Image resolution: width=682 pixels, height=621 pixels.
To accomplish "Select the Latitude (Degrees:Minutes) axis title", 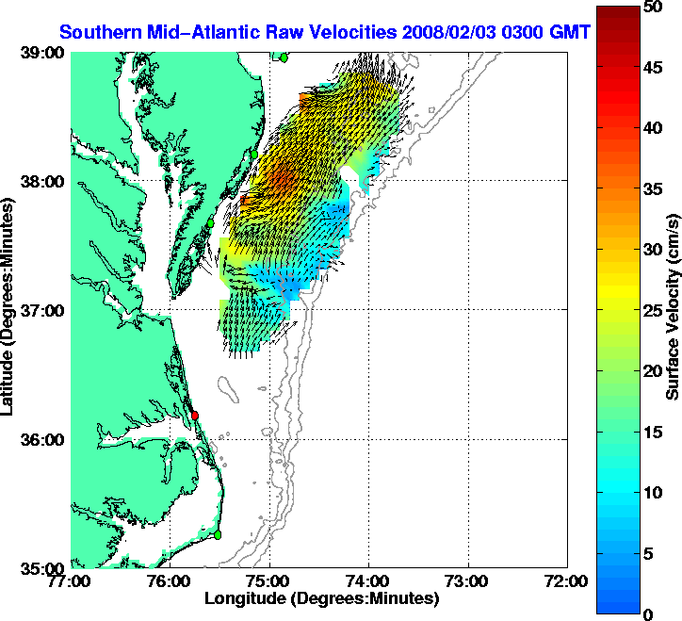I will [10, 310].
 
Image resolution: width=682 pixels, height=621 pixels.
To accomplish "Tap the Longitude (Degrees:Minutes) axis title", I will [321, 598].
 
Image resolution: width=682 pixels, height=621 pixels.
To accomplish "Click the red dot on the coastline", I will [195, 416].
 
